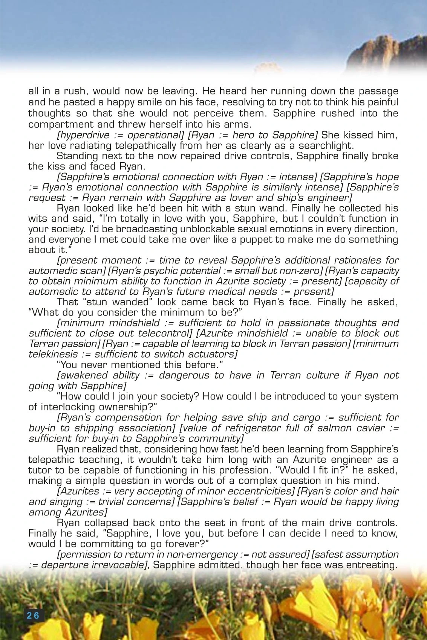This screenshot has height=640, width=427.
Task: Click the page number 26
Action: [33, 615]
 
